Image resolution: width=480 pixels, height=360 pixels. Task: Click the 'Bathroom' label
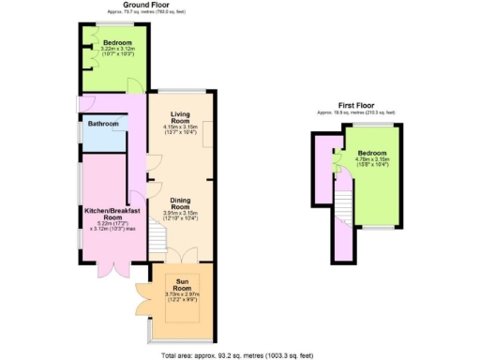[x=103, y=124]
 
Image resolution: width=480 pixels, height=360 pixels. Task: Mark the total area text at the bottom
[x=240, y=354]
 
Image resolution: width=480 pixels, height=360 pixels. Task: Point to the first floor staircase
[x=343, y=202]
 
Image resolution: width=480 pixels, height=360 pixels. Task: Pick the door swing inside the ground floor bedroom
[x=133, y=85]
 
